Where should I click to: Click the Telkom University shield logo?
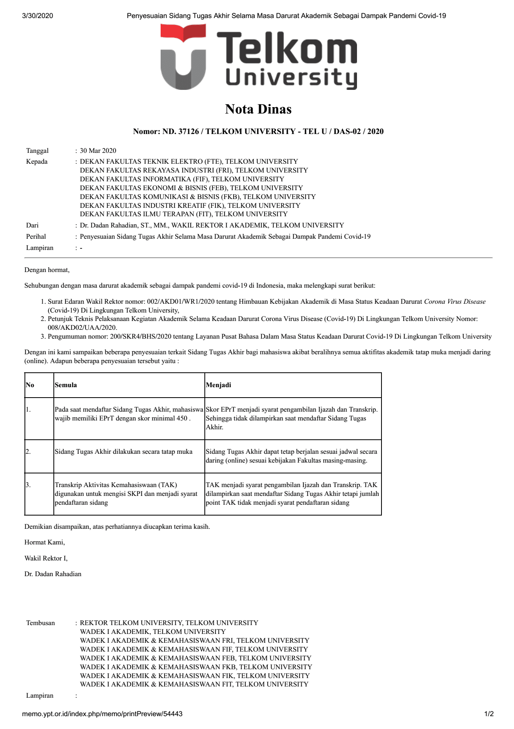pyautogui.click(x=183, y=57)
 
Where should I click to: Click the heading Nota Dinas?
pyautogui.click(x=258, y=109)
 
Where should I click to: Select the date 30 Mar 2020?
pyautogui.click(x=98, y=151)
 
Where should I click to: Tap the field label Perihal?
pyautogui.click(x=36, y=237)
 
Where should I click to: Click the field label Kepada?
pyautogui.click(x=37, y=162)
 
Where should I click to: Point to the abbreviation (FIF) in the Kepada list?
pyautogui.click(x=201, y=179)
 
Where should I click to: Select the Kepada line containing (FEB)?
pyautogui.click(x=191, y=188)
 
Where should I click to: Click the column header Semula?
pyautogui.click(x=66, y=385)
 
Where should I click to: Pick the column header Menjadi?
pyautogui.click(x=218, y=385)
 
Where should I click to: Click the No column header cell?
pyautogui.click(x=30, y=385)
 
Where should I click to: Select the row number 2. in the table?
pyautogui.click(x=28, y=452)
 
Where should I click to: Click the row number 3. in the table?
pyautogui.click(x=28, y=485)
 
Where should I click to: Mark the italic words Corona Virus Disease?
pyautogui.click(x=455, y=302)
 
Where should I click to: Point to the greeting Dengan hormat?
pyautogui.click(x=47, y=270)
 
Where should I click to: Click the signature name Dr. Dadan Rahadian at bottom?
pyautogui.click(x=53, y=574)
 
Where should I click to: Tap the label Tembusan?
pyautogui.click(x=41, y=623)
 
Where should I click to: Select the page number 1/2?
pyautogui.click(x=489, y=714)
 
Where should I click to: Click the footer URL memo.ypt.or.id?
pyautogui.click(x=102, y=714)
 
